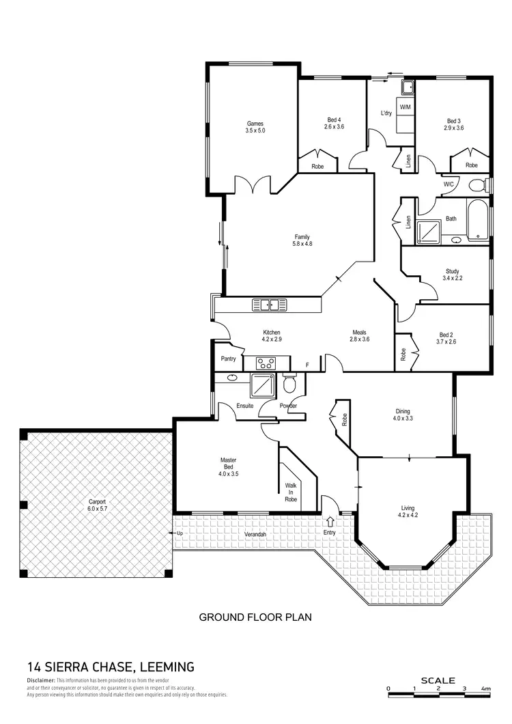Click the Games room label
click(255, 124)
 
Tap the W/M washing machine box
click(405, 108)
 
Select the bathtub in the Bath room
click(478, 219)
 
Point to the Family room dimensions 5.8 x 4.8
click(302, 244)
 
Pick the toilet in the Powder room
click(289, 385)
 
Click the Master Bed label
click(228, 464)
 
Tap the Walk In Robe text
click(291, 492)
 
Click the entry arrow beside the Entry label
click(331, 522)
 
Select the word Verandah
click(255, 533)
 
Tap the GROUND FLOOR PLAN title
click(255, 617)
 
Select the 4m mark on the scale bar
click(485, 688)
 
